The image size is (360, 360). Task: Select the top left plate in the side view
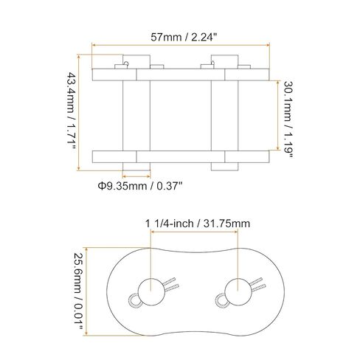[114, 74]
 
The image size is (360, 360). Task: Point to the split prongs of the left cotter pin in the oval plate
[169, 283]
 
